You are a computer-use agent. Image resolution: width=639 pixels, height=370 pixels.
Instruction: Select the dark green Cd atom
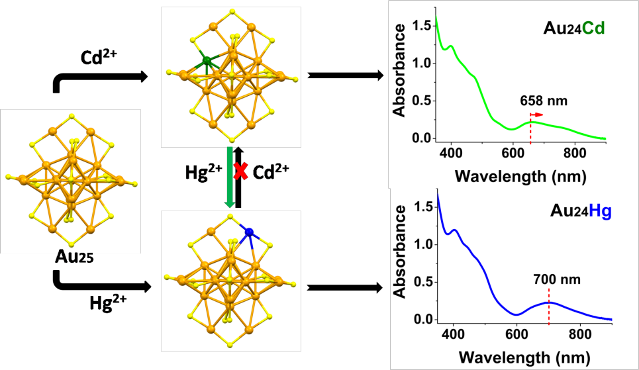pyautogui.click(x=207, y=62)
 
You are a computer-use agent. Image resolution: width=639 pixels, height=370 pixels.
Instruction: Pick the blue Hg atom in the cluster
pyautogui.click(x=249, y=232)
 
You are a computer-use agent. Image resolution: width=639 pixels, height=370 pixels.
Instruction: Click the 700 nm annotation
pyautogui.click(x=556, y=279)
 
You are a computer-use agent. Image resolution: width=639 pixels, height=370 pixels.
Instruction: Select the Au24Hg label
pyautogui.click(x=580, y=212)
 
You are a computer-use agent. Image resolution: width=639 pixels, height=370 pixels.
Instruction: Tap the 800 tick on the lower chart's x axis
pyautogui.click(x=579, y=334)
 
